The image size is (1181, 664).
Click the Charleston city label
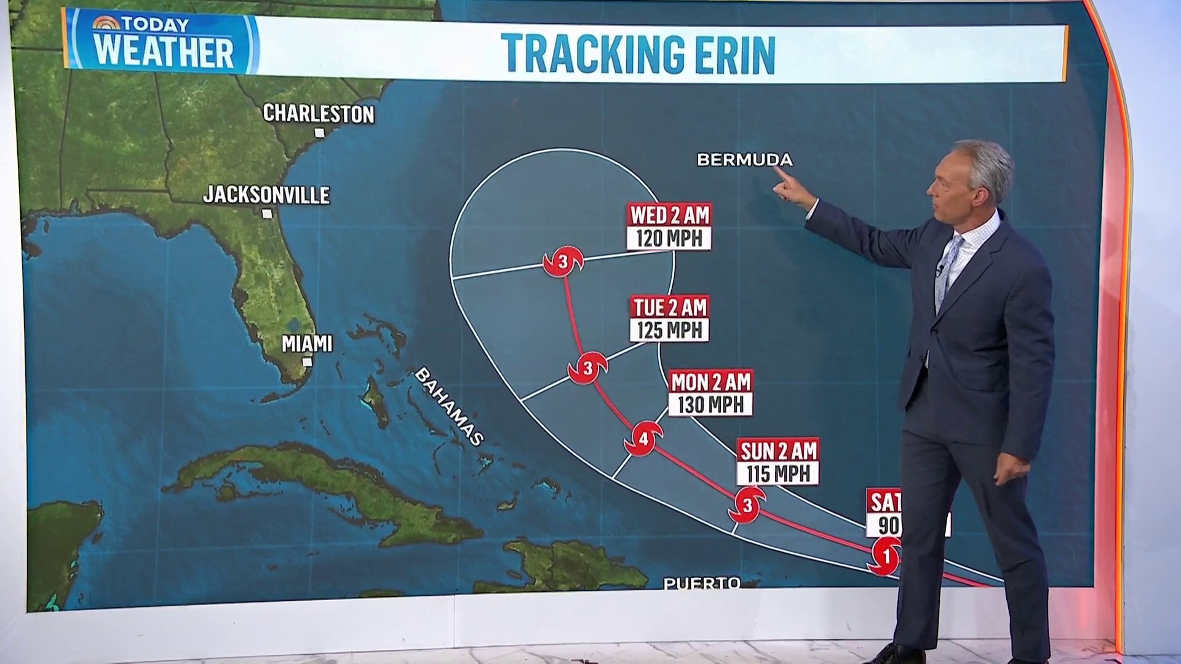click(x=318, y=114)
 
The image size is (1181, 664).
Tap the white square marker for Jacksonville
click(x=267, y=214)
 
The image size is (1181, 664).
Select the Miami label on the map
click(x=306, y=344)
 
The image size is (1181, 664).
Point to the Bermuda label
click(x=744, y=160)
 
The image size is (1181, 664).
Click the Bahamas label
click(x=450, y=406)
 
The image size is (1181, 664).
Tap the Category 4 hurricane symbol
click(x=643, y=439)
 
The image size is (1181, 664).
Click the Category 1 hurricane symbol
click(x=885, y=556)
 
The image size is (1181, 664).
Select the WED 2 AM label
click(x=669, y=215)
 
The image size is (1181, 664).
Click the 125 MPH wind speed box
click(x=669, y=330)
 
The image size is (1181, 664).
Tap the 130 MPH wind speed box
click(x=710, y=405)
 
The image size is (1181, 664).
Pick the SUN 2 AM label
click(x=778, y=451)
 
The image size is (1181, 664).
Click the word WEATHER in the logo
click(x=164, y=52)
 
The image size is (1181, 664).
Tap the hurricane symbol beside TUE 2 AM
click(x=587, y=368)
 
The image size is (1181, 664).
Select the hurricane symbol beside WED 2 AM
click(x=563, y=262)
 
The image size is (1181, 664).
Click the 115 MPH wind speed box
click(x=778, y=474)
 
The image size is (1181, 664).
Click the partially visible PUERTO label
click(x=702, y=582)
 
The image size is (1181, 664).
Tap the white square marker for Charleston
click(x=319, y=133)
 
